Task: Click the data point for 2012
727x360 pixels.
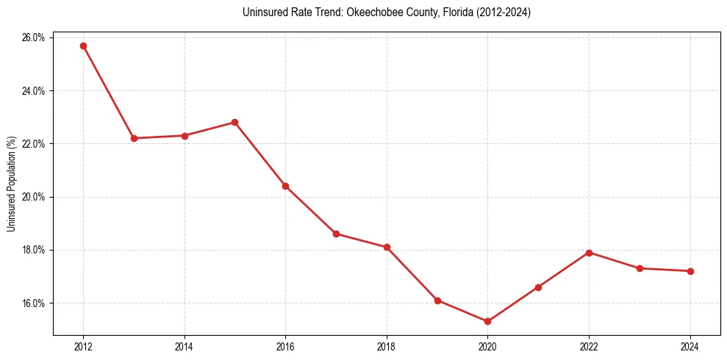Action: point(83,46)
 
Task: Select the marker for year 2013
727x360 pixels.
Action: point(134,138)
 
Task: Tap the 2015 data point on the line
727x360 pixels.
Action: point(234,122)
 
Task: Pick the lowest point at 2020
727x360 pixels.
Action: point(487,321)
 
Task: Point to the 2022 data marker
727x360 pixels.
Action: point(589,253)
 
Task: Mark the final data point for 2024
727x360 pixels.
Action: point(690,271)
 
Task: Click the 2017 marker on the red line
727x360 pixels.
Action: point(336,234)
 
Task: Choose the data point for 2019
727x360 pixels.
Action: point(437,300)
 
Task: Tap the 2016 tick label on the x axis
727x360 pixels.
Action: point(285,347)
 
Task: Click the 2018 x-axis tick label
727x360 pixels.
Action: point(387,347)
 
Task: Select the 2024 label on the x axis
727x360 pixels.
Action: point(690,347)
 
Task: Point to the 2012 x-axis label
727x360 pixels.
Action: point(83,347)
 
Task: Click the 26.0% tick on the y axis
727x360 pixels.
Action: point(35,37)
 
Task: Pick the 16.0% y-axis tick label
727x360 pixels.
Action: point(35,303)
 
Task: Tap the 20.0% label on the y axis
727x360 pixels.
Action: point(35,197)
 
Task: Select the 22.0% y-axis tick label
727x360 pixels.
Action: point(35,144)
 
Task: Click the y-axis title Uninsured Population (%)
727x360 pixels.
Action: point(11,184)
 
